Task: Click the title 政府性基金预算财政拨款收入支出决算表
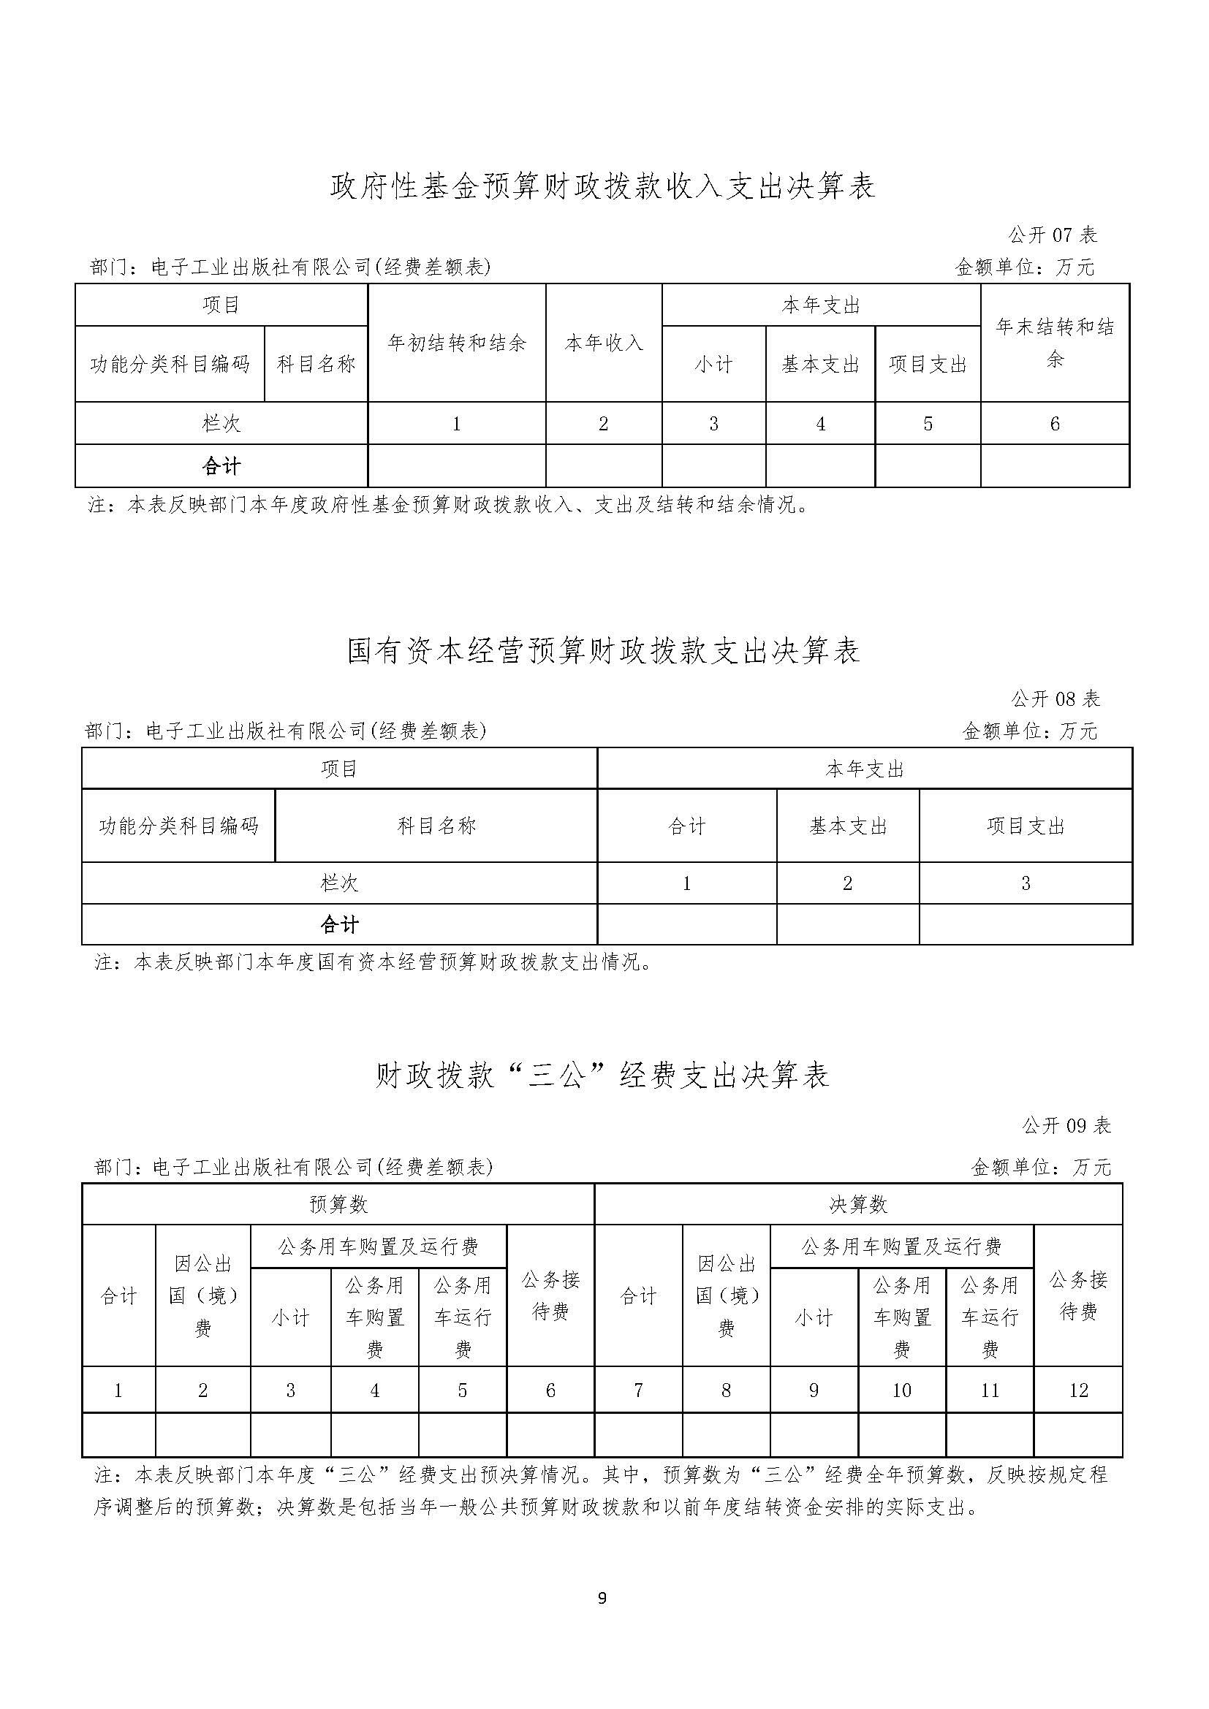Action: coord(603,187)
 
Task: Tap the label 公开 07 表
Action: coord(1053,235)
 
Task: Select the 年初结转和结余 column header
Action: coord(456,343)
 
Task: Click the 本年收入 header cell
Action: coord(604,343)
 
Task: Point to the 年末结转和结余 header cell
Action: coord(1055,343)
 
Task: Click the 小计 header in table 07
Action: coord(713,364)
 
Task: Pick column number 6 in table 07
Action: coord(1055,424)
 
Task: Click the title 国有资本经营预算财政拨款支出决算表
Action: coord(603,651)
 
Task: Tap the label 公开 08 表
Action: coord(1055,699)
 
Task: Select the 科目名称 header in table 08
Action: coord(436,826)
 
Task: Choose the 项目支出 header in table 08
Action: coord(1025,826)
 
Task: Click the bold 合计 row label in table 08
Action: coord(339,925)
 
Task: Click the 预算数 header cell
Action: coord(338,1204)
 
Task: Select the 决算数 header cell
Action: coord(858,1204)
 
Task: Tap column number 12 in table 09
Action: coord(1078,1390)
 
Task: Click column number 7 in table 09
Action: coord(638,1390)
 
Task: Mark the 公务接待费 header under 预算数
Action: coord(550,1296)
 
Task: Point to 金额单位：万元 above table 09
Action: coord(1041,1167)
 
